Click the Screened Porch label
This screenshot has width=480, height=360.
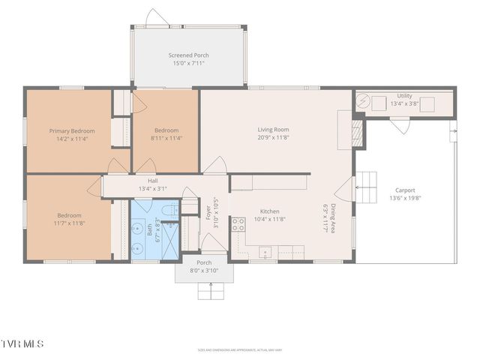pos(188,55)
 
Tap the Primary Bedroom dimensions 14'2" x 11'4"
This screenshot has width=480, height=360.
pos(73,139)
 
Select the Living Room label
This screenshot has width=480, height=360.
pos(273,130)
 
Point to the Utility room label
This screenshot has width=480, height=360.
pos(405,96)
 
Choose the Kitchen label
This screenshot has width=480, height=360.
pos(270,211)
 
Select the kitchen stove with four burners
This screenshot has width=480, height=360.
pos(238,223)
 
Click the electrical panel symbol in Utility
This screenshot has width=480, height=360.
pos(363,100)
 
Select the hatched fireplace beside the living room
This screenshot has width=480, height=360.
pos(358,133)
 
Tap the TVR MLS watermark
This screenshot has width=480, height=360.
pos(22,343)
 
